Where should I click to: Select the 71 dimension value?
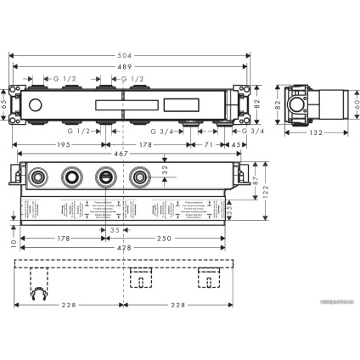point(206,145)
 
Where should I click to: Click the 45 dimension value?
point(235,145)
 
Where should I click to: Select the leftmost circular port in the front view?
point(39,178)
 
